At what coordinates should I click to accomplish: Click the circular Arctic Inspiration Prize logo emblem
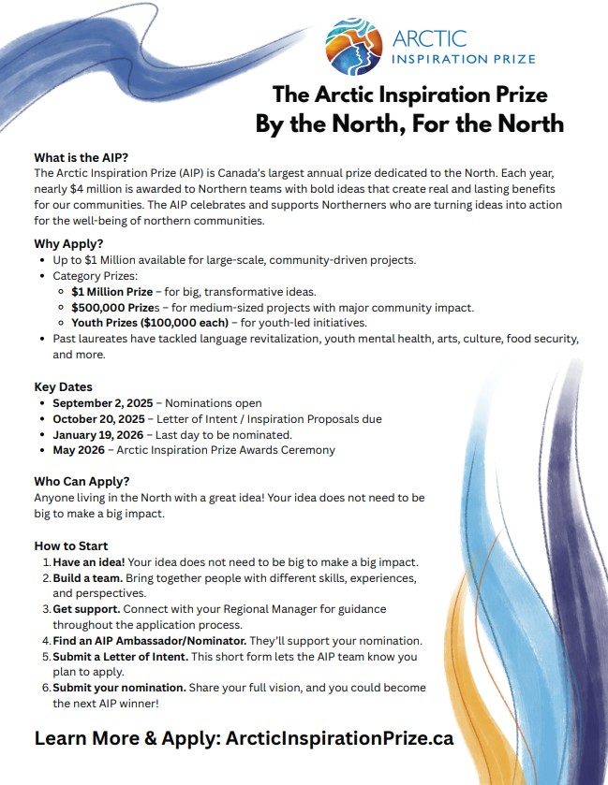point(353,47)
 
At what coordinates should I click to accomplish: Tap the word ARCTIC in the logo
point(429,39)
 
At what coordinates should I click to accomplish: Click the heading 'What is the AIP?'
point(81,157)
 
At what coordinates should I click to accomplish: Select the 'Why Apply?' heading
point(68,243)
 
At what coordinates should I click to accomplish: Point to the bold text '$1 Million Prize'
point(112,292)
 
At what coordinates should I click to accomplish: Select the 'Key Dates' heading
point(64,387)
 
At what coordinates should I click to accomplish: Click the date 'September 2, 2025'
point(103,403)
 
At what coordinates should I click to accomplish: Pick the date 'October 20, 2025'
point(99,419)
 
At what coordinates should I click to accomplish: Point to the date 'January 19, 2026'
point(99,435)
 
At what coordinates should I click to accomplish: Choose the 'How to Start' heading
point(71,545)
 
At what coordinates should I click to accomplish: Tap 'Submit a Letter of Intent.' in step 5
point(122,657)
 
